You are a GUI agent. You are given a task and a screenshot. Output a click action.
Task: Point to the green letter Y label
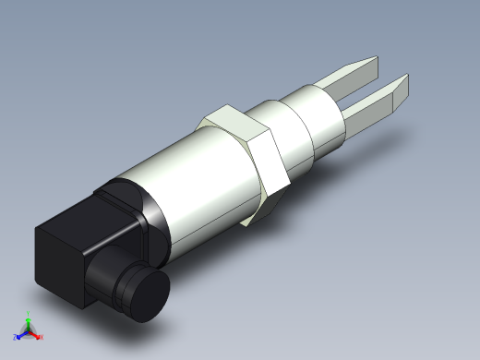(x=29, y=313)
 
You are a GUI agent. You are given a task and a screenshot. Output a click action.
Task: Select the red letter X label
(x=41, y=336)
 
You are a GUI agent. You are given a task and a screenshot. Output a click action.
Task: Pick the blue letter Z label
(x=16, y=336)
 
